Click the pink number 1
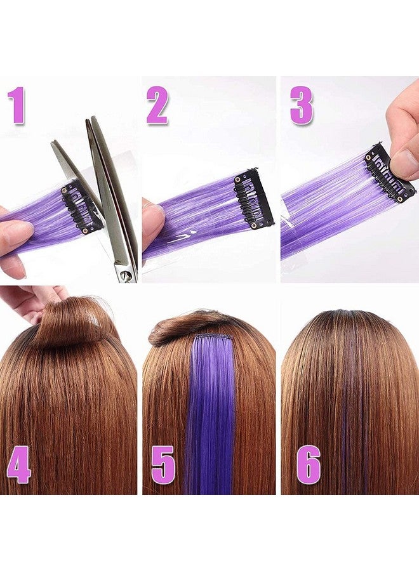(18, 106)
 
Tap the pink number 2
(157, 106)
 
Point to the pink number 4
(19, 465)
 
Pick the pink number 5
(164, 465)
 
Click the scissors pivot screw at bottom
(126, 275)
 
